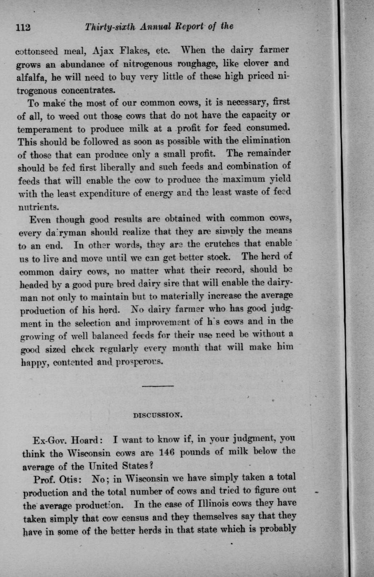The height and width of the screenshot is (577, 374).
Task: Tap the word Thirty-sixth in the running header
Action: [x=109, y=27]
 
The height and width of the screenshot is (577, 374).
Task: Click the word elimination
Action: [x=264, y=140]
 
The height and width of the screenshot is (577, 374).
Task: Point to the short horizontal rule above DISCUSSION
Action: [x=157, y=386]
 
